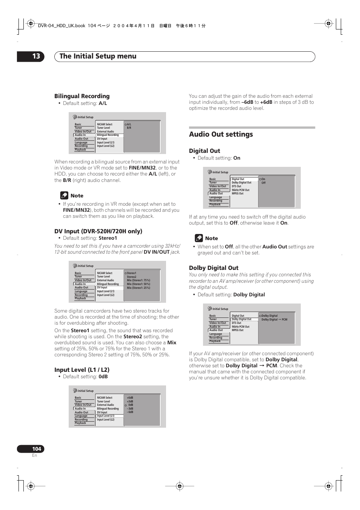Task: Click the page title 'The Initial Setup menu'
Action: pos(98,56)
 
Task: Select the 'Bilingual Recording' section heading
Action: pos(82,96)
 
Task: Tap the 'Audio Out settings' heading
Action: pos(221,134)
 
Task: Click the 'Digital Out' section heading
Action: pos(204,151)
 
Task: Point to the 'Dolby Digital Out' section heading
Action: pos(214,268)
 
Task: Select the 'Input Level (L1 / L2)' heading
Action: pos(82,370)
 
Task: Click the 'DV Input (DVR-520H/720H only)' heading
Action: pos(98,231)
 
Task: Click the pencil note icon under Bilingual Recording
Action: pos(64,196)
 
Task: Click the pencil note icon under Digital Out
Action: pos(199,238)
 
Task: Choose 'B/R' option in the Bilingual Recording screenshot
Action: pos(129,128)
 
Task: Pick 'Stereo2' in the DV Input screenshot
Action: pos(131,277)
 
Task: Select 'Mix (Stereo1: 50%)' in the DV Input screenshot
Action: pos(138,284)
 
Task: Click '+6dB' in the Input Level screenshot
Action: pos(130,398)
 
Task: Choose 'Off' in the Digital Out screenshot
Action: pos(263,183)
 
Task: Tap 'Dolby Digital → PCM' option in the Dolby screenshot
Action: pos(274,319)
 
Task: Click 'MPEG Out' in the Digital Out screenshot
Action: pos(237,194)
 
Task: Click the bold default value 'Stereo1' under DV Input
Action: pos(108,238)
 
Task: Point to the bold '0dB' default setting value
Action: pos(103,377)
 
